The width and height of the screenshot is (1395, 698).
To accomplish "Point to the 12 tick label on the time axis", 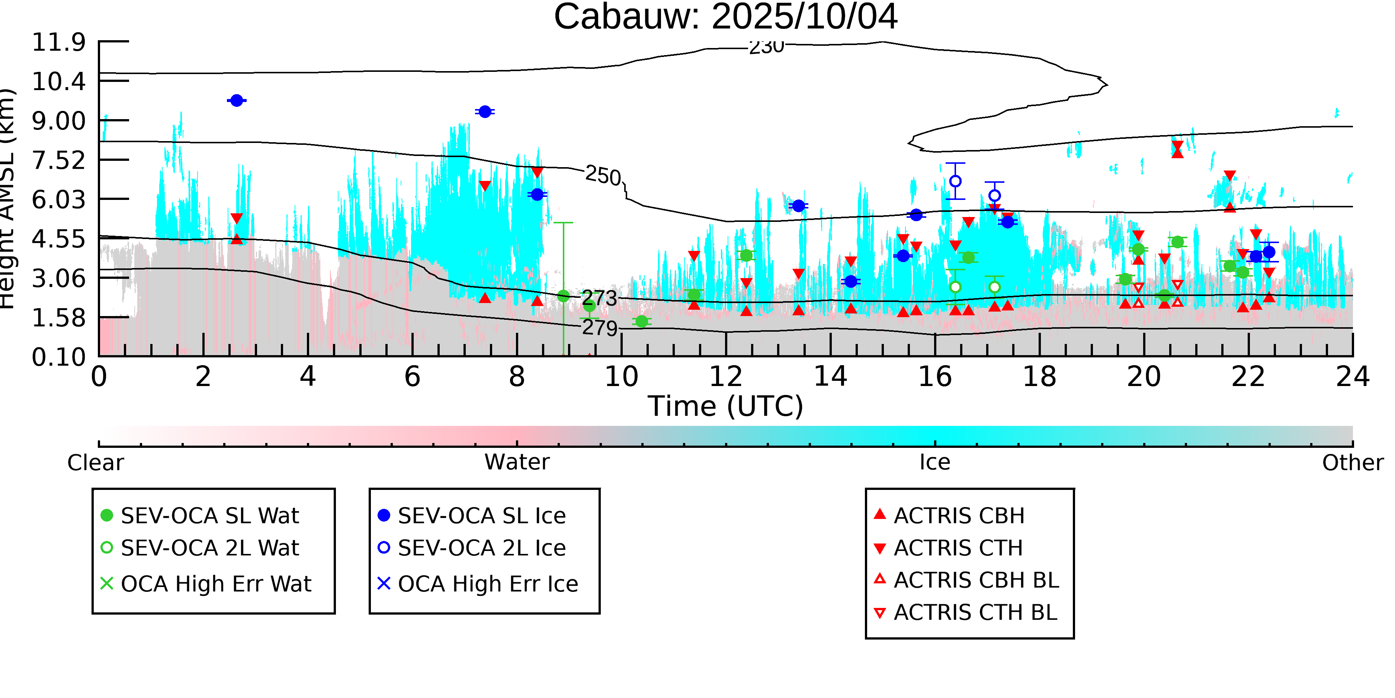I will click(726, 377).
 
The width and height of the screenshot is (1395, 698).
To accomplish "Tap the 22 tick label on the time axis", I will click(1248, 377).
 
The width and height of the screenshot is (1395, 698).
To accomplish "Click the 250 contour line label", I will click(603, 176).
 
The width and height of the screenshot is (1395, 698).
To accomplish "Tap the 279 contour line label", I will click(600, 328).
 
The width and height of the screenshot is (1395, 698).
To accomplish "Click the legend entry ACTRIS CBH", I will click(959, 515).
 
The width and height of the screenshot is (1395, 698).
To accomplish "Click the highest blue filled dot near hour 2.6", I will click(237, 100).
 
